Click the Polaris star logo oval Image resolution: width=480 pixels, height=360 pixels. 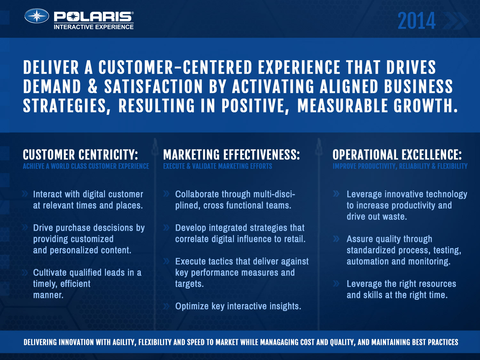36,16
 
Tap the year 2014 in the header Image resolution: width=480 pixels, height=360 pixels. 417,21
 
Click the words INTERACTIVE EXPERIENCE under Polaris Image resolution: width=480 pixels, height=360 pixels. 93,27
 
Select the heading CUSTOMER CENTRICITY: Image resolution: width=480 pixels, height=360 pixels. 80,155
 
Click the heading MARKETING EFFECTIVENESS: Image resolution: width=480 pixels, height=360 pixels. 231,155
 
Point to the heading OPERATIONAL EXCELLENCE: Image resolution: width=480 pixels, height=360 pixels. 397,155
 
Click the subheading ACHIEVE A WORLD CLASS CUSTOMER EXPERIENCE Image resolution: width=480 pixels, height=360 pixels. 86,166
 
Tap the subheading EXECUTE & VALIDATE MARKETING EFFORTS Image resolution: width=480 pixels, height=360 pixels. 218,166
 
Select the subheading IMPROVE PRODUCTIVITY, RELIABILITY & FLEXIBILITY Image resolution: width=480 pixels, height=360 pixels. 400,166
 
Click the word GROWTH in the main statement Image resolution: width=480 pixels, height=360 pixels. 425,106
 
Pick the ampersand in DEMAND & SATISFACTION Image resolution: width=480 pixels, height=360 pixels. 92,86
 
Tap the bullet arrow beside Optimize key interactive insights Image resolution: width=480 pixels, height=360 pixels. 166,306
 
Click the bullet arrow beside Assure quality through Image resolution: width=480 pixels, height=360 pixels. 336,239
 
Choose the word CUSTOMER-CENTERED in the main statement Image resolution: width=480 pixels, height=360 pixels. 175,67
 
